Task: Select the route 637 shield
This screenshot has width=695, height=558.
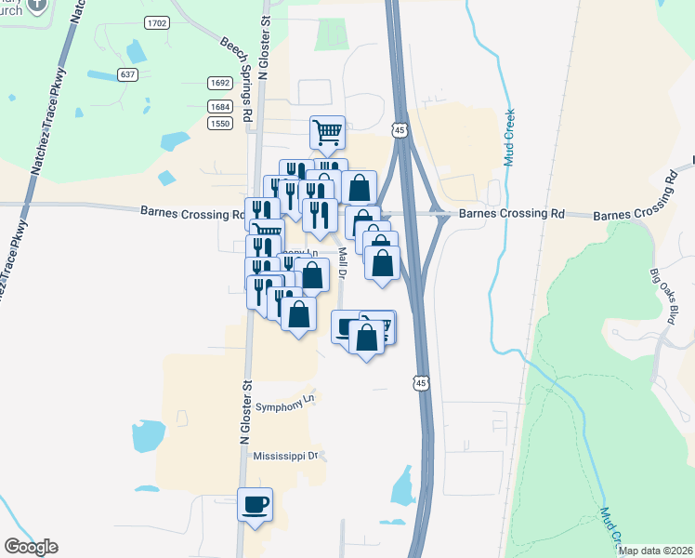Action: (128, 74)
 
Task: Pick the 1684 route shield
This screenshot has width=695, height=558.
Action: (220, 107)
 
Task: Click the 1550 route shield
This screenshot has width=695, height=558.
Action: (220, 124)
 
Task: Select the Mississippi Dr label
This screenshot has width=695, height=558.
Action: (288, 457)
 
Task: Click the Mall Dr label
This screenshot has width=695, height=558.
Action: (343, 263)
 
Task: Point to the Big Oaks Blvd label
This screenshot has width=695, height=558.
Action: (672, 297)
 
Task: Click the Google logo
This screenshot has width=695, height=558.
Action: (31, 547)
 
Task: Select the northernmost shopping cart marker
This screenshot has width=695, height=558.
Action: (328, 133)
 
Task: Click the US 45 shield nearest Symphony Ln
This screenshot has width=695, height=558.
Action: (422, 382)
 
